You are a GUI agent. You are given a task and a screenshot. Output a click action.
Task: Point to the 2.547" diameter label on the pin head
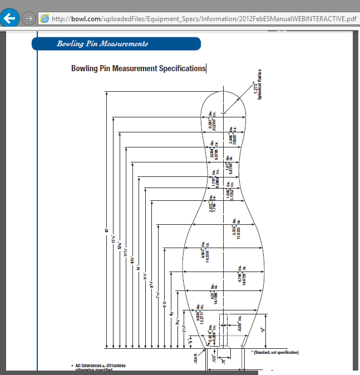(x=211, y=122)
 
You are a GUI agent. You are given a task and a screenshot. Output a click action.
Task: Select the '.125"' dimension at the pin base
(x=214, y=359)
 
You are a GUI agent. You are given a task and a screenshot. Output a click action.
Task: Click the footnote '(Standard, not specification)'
(x=275, y=352)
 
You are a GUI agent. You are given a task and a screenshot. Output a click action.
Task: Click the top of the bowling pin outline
(x=223, y=91)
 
